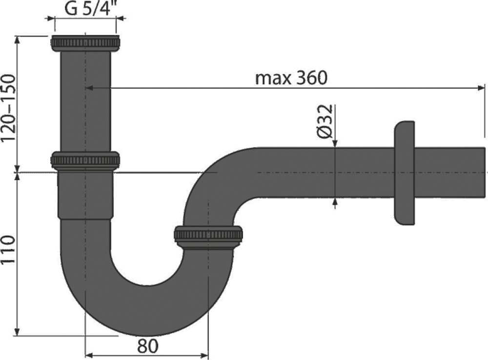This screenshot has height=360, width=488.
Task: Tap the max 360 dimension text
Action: click(291, 78)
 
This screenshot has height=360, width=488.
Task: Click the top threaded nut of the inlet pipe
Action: click(85, 43)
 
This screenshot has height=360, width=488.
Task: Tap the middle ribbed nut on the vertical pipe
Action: click(85, 160)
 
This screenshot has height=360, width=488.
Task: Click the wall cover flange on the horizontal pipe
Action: click(404, 173)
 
